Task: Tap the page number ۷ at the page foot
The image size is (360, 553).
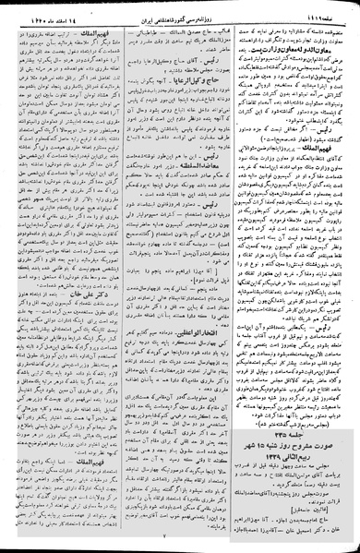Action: (181, 547)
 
